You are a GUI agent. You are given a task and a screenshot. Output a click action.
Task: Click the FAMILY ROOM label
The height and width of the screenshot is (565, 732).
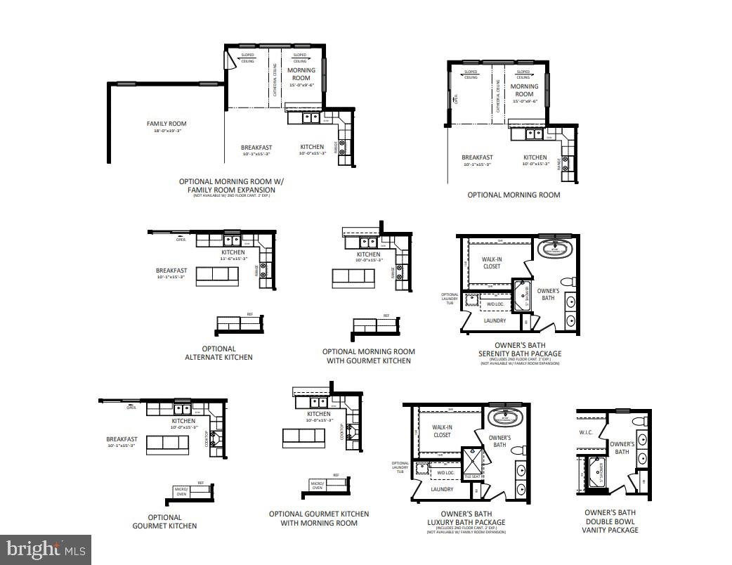tap(166, 124)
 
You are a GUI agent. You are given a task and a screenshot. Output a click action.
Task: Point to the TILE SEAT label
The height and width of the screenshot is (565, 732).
tap(471, 477)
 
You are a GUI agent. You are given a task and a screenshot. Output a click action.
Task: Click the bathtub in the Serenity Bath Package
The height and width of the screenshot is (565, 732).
tap(556, 249)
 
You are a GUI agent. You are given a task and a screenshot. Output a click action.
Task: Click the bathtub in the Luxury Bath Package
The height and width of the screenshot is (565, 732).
tap(507, 415)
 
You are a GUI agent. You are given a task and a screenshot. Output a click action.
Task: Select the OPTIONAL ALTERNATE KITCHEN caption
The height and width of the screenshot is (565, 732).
tap(218, 353)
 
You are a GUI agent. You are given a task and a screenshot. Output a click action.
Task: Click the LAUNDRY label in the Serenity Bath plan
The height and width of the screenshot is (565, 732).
tap(495, 320)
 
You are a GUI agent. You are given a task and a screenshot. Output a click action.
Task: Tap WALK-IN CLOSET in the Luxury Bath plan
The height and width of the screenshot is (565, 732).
tap(441, 431)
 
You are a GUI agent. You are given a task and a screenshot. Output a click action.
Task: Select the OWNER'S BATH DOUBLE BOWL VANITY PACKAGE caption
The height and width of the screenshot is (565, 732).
tap(610, 521)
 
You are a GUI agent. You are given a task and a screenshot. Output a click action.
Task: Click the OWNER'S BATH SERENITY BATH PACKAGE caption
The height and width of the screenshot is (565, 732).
tap(519, 349)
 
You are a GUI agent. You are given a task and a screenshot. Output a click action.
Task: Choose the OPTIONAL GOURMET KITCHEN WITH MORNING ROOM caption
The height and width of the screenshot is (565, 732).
tap(318, 518)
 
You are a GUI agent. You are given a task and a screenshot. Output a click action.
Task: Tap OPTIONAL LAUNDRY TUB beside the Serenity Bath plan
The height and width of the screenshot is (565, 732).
tap(450, 299)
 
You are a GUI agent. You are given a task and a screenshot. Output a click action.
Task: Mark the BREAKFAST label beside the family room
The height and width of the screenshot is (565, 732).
tap(256, 148)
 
